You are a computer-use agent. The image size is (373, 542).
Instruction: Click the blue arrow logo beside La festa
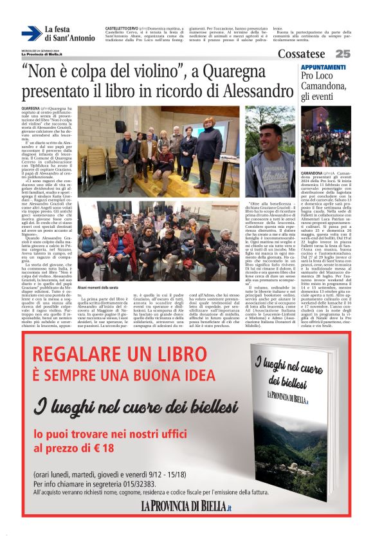32,33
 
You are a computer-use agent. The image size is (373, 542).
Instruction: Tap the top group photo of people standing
159,149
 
